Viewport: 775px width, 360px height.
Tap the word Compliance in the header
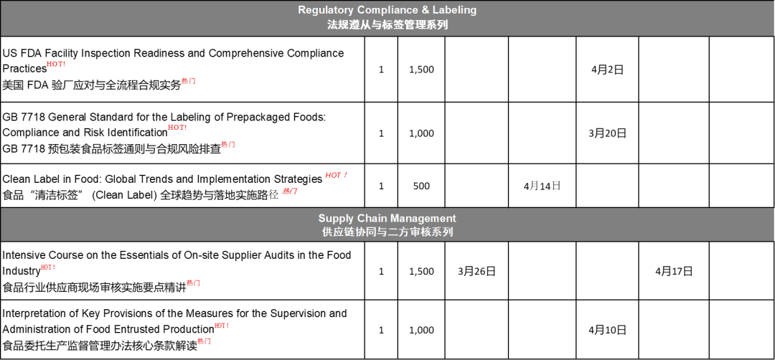(x=385, y=10)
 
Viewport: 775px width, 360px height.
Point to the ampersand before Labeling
(x=423, y=10)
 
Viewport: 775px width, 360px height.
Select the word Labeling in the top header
(x=454, y=10)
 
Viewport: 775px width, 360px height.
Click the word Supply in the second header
(x=336, y=218)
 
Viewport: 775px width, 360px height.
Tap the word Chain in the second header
(x=372, y=218)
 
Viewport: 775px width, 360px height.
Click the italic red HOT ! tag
(x=337, y=175)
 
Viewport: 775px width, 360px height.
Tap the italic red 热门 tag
(x=290, y=191)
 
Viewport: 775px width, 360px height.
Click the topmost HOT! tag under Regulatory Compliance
(x=56, y=64)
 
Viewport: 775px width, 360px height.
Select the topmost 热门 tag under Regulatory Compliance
(x=188, y=81)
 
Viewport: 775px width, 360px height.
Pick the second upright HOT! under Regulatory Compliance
(x=177, y=127)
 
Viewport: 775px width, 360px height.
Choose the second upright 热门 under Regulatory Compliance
(x=228, y=144)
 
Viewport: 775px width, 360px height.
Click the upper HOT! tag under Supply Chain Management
(x=48, y=267)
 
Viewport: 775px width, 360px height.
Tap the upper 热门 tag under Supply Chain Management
(x=193, y=283)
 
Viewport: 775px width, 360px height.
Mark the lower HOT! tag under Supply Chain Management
(x=222, y=326)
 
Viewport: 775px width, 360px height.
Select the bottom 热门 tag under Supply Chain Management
(x=204, y=341)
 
